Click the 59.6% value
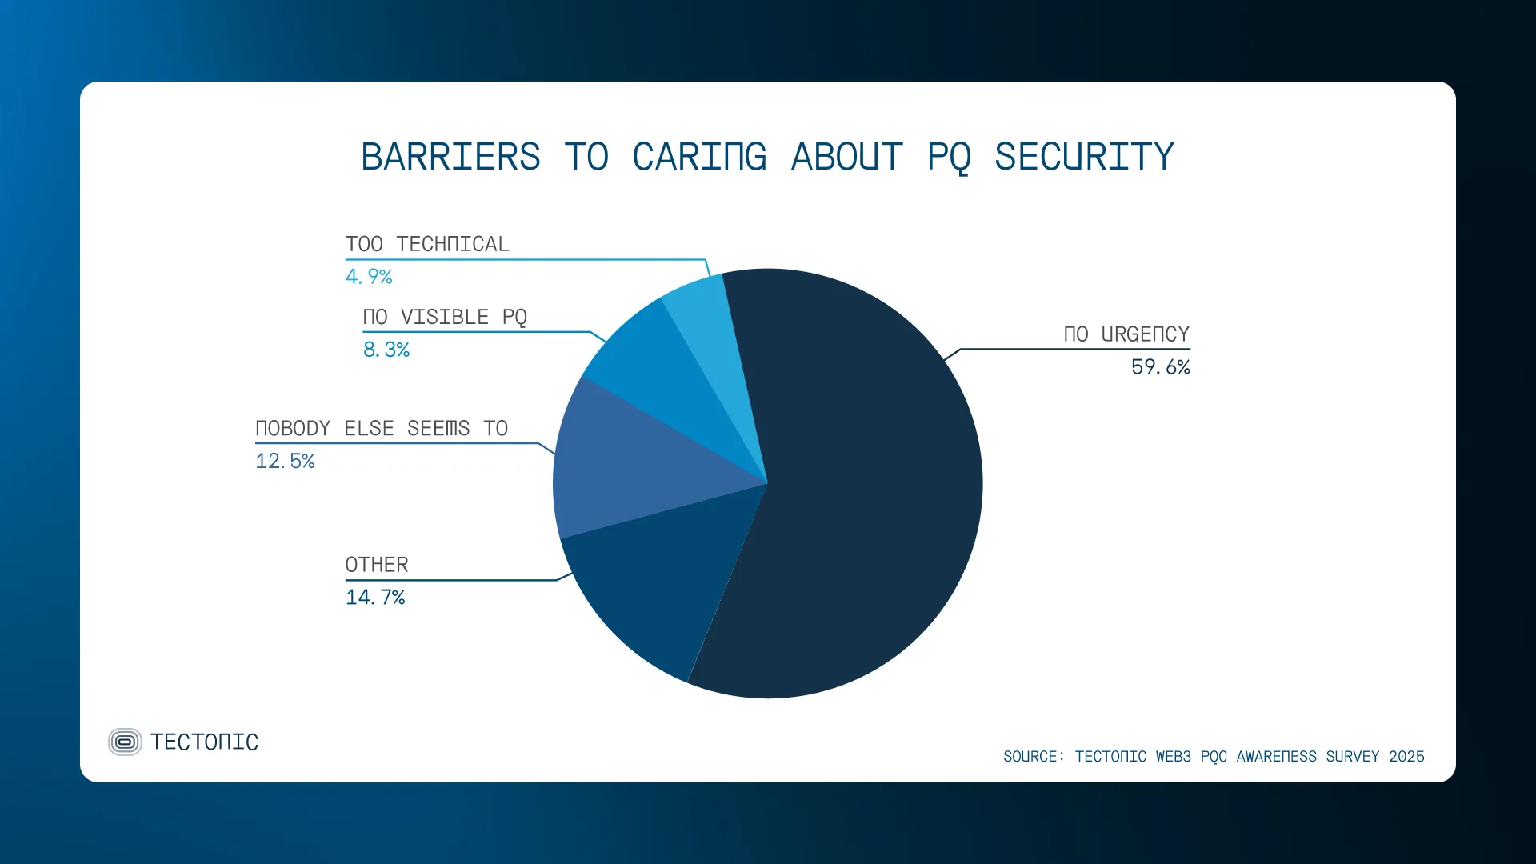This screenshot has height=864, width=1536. (x=1160, y=367)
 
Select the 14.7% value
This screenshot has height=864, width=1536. (x=375, y=598)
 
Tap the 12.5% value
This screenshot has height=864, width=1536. (x=285, y=462)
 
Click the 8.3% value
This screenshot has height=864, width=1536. (x=386, y=350)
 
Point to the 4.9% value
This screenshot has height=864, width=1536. (x=369, y=277)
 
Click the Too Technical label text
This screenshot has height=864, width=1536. (x=427, y=244)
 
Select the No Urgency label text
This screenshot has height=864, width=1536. (x=1126, y=334)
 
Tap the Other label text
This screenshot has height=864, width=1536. (x=377, y=565)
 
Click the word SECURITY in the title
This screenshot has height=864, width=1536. (x=1084, y=157)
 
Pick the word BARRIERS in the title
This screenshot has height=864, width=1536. (x=450, y=157)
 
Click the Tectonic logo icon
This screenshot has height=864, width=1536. (x=125, y=742)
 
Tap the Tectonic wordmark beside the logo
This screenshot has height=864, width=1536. (x=205, y=742)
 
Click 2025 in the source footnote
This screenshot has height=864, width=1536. (x=1406, y=757)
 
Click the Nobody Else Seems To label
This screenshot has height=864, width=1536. (x=382, y=429)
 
